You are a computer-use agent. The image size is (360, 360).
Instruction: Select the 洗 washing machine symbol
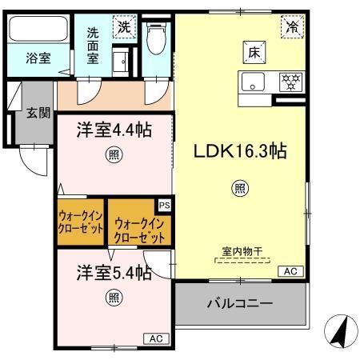click(x=124, y=26)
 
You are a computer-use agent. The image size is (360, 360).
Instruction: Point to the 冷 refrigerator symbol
click(x=292, y=26)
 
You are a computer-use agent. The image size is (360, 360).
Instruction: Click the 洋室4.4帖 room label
click(x=114, y=130)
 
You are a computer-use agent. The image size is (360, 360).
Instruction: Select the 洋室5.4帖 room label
click(x=114, y=273)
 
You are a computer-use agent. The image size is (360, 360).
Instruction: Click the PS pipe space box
click(x=164, y=206)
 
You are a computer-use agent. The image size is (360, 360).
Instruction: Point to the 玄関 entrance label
click(x=32, y=111)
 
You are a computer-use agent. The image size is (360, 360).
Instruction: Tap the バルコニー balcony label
click(x=240, y=305)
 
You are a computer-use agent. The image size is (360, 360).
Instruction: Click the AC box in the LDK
click(x=289, y=273)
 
